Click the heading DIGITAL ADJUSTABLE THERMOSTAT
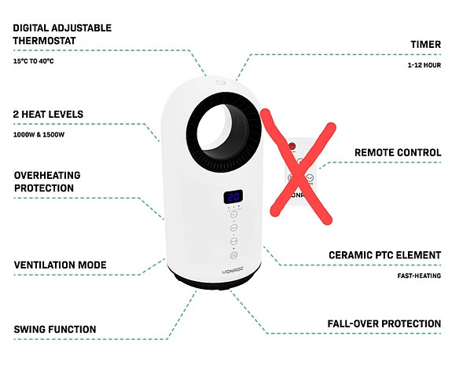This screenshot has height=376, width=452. (62, 34)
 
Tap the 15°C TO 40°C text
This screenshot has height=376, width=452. (33, 60)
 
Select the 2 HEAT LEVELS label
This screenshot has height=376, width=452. (48, 115)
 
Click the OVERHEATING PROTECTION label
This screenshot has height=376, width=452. (47, 181)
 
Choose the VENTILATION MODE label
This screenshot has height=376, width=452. (60, 265)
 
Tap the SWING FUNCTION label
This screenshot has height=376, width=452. (55, 329)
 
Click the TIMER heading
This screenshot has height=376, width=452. (426, 45)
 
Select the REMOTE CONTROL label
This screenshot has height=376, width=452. (398, 152)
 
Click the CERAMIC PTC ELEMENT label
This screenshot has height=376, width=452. (384, 256)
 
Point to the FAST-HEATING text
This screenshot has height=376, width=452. (418, 276)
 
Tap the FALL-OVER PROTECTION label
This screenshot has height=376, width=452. (384, 323)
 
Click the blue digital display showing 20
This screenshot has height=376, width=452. (233, 197)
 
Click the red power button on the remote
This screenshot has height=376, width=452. (292, 146)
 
